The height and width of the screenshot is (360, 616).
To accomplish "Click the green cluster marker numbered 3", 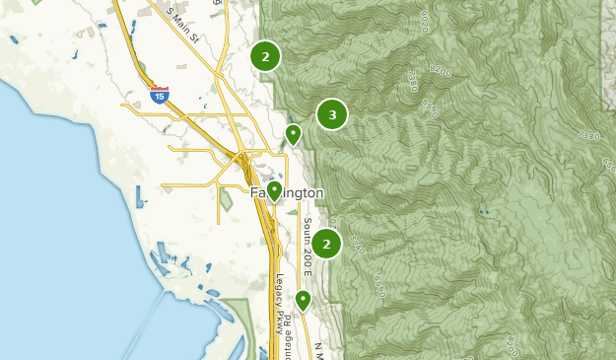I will [332, 115].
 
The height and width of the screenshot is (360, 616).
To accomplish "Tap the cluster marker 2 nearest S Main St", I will [265, 56].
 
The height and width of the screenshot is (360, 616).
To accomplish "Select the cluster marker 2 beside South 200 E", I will [326, 244].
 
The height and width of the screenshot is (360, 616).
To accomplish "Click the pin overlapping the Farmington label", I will [274, 189].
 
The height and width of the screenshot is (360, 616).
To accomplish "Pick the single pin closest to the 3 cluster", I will [293, 134].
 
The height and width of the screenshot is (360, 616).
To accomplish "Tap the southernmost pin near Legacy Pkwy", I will [303, 299].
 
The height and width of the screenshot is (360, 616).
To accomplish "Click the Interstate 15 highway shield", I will [160, 96].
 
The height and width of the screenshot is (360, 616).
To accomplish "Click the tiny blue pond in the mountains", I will [482, 212].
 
